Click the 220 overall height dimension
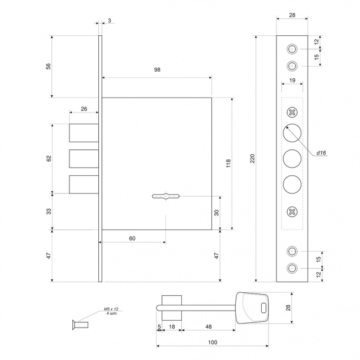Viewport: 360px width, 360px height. (x=252, y=159)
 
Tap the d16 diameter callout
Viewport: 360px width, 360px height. (x=321, y=153)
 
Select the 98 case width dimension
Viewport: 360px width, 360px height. (x=157, y=69)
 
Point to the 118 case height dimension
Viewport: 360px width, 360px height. (x=228, y=164)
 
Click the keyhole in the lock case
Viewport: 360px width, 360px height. (x=166, y=196)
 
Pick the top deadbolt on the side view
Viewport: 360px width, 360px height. (x=84, y=133)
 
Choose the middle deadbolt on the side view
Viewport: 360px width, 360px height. (x=84, y=159)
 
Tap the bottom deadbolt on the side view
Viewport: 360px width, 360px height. (x=84, y=184)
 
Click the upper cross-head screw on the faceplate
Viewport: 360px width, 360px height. (x=292, y=112)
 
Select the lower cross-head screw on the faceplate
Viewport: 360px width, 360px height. (x=292, y=212)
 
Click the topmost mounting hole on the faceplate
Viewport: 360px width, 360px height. (x=292, y=49)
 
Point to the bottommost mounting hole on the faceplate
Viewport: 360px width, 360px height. (x=292, y=268)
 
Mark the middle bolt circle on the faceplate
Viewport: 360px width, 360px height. (x=292, y=159)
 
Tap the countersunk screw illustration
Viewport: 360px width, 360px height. (x=80, y=325)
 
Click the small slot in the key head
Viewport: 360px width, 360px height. (x=264, y=308)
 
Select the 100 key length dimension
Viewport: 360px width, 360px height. (x=212, y=342)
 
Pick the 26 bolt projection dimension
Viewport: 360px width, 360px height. (x=84, y=109)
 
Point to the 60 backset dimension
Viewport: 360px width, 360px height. (x=132, y=239)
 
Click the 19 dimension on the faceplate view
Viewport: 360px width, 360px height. (x=292, y=81)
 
